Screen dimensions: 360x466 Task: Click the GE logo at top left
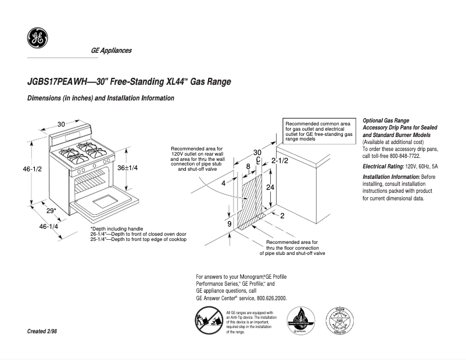point(37,38)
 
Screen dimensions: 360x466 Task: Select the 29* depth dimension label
point(51,210)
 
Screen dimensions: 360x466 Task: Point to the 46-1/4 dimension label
point(49,226)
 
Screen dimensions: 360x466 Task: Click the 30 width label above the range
point(61,124)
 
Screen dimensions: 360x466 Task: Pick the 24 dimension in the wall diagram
point(270,188)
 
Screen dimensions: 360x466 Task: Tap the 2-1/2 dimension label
point(280,160)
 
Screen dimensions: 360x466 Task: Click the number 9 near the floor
point(230,224)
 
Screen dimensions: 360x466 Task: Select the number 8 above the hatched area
point(248,166)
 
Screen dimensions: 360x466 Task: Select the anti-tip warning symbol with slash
point(208,322)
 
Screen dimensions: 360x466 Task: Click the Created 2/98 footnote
point(42,331)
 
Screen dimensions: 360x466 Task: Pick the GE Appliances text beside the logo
point(111,51)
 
